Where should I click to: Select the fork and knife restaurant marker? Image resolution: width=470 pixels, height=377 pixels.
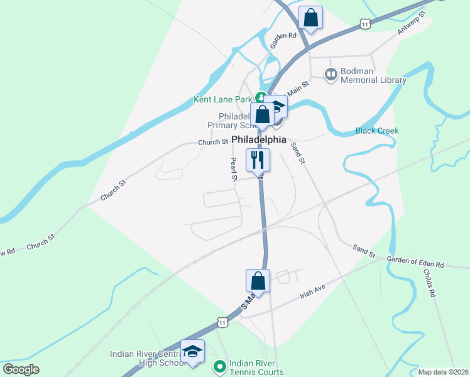pyautogui.click(x=257, y=159)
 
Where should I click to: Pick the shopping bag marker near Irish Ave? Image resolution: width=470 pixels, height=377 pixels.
pyautogui.click(x=257, y=280)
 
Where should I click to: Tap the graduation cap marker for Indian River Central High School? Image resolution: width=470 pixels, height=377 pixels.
pyautogui.click(x=193, y=351)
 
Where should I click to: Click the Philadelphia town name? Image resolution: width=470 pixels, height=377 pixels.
pyautogui.click(x=258, y=139)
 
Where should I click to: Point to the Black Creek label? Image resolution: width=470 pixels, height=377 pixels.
pyautogui.click(x=377, y=131)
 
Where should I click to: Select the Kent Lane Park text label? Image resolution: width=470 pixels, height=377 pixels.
pyautogui.click(x=223, y=99)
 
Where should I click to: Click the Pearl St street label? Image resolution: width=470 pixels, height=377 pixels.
pyautogui.click(x=233, y=168)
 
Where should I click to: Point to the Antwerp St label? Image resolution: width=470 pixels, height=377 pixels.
pyautogui.click(x=412, y=22)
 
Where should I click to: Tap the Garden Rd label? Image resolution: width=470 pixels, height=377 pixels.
pyautogui.click(x=283, y=40)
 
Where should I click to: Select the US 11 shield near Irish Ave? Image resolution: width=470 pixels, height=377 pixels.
pyautogui.click(x=222, y=322)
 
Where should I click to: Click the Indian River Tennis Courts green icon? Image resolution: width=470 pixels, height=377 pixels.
pyautogui.click(x=219, y=366)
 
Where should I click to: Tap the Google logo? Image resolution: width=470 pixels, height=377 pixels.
pyautogui.click(x=20, y=369)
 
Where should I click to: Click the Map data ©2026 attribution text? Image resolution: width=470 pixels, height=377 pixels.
pyautogui.click(x=443, y=372)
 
